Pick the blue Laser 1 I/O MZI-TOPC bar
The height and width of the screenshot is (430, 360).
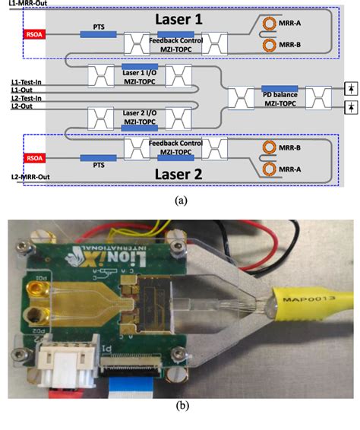coord(140,67)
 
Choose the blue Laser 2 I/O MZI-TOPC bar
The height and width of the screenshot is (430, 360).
coord(140,112)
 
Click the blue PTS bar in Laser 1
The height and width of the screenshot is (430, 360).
coord(99,34)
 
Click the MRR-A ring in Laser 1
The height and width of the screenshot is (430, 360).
coord(267,24)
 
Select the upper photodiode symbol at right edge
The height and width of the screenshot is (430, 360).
coord(350,87)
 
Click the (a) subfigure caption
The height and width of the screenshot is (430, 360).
coord(180,201)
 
